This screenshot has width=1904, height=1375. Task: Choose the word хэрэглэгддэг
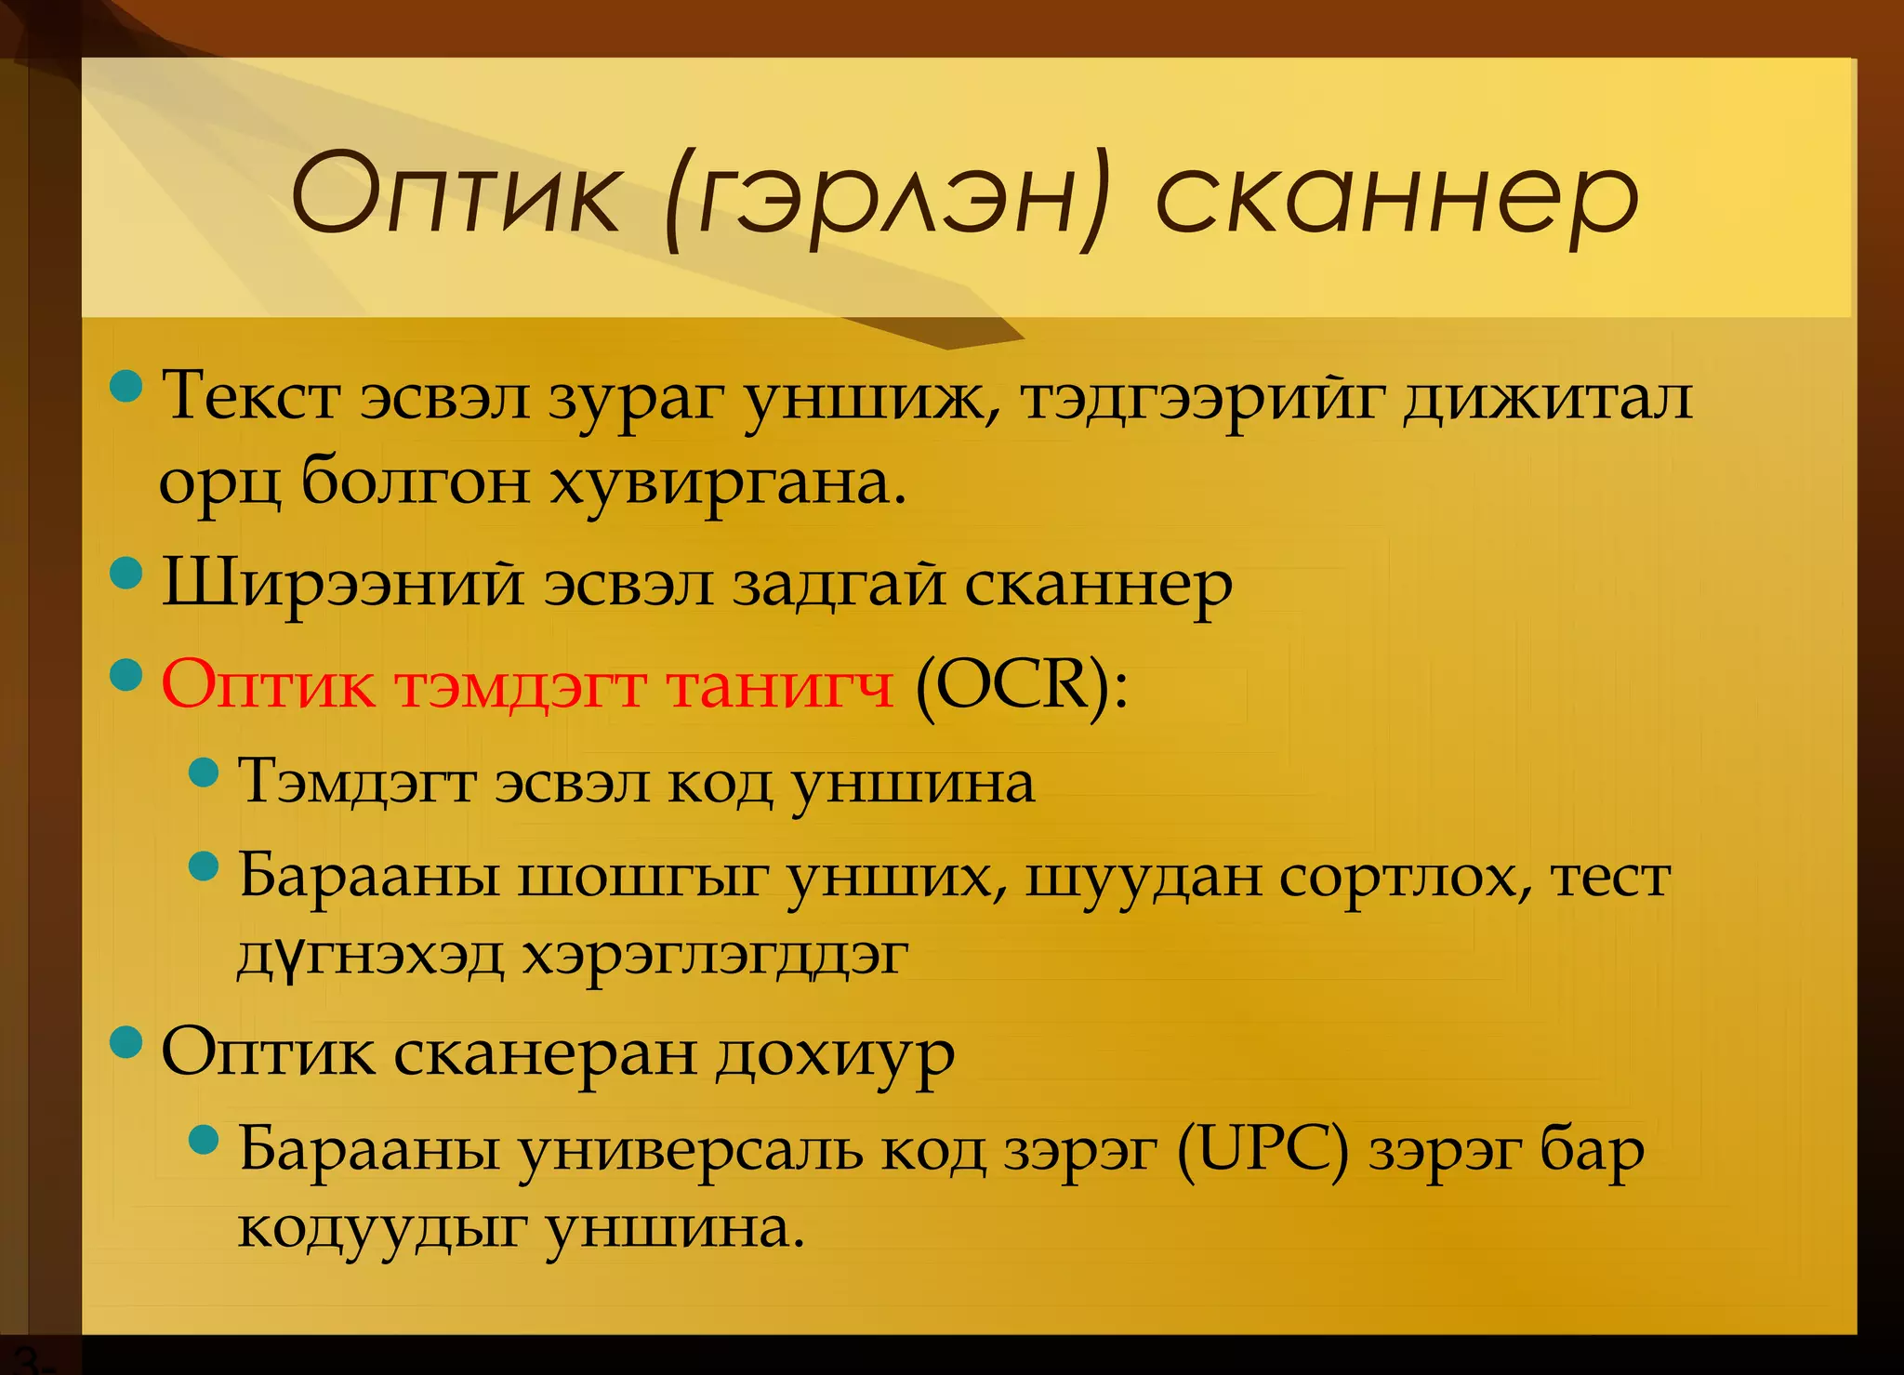[714, 956]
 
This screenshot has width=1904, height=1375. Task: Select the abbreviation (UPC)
[1263, 1151]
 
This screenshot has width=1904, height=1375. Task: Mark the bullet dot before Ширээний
[126, 573]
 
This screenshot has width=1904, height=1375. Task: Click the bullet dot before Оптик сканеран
[126, 1042]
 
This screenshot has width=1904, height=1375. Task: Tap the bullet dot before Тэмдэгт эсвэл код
[203, 771]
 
